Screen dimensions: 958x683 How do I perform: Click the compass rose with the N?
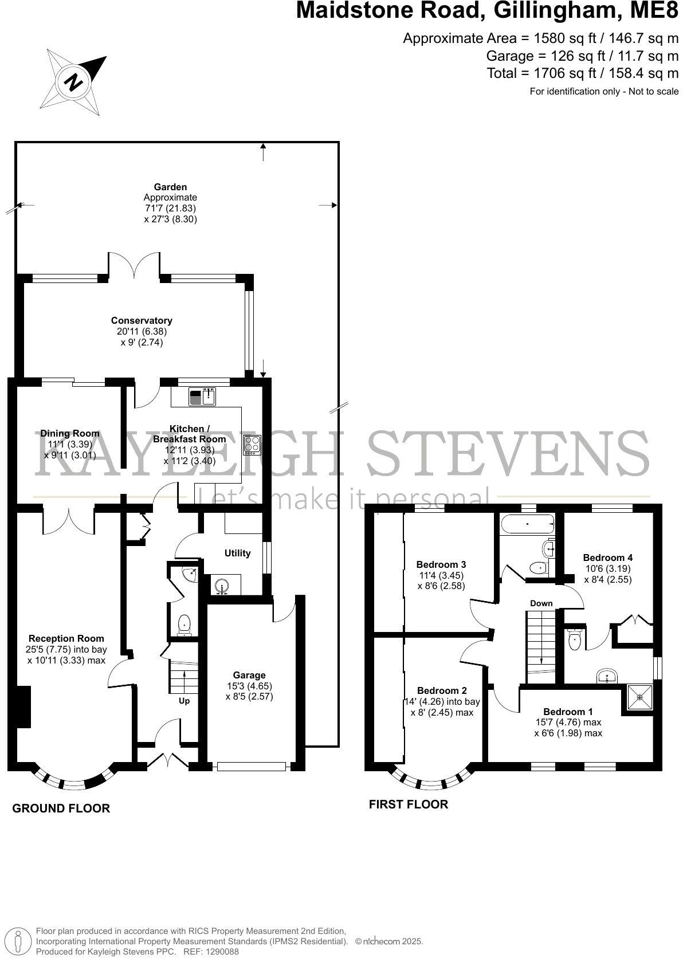[x=73, y=81]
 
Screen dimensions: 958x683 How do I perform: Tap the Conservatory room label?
[x=142, y=321]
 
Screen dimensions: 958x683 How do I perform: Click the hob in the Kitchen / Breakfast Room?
[x=252, y=445]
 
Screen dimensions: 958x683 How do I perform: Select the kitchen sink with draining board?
[x=201, y=396]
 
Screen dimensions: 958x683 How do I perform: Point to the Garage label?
[x=249, y=675]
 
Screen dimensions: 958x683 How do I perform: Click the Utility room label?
[x=237, y=553]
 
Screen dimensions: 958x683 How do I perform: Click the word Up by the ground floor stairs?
[x=184, y=701]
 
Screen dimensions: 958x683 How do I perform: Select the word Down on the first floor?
[x=541, y=603]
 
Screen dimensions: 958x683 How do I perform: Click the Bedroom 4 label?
[x=607, y=557]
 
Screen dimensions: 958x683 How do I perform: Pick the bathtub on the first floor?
[x=526, y=524]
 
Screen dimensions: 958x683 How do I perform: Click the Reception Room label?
[x=66, y=638]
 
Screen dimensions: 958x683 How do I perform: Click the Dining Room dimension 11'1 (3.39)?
[x=69, y=444]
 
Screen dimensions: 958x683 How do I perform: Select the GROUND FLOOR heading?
[x=61, y=808]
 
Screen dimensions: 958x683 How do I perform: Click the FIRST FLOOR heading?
[x=408, y=804]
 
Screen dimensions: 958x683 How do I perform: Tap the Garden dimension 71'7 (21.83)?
[x=170, y=209]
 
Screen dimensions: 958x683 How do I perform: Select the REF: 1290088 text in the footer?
[x=210, y=952]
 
